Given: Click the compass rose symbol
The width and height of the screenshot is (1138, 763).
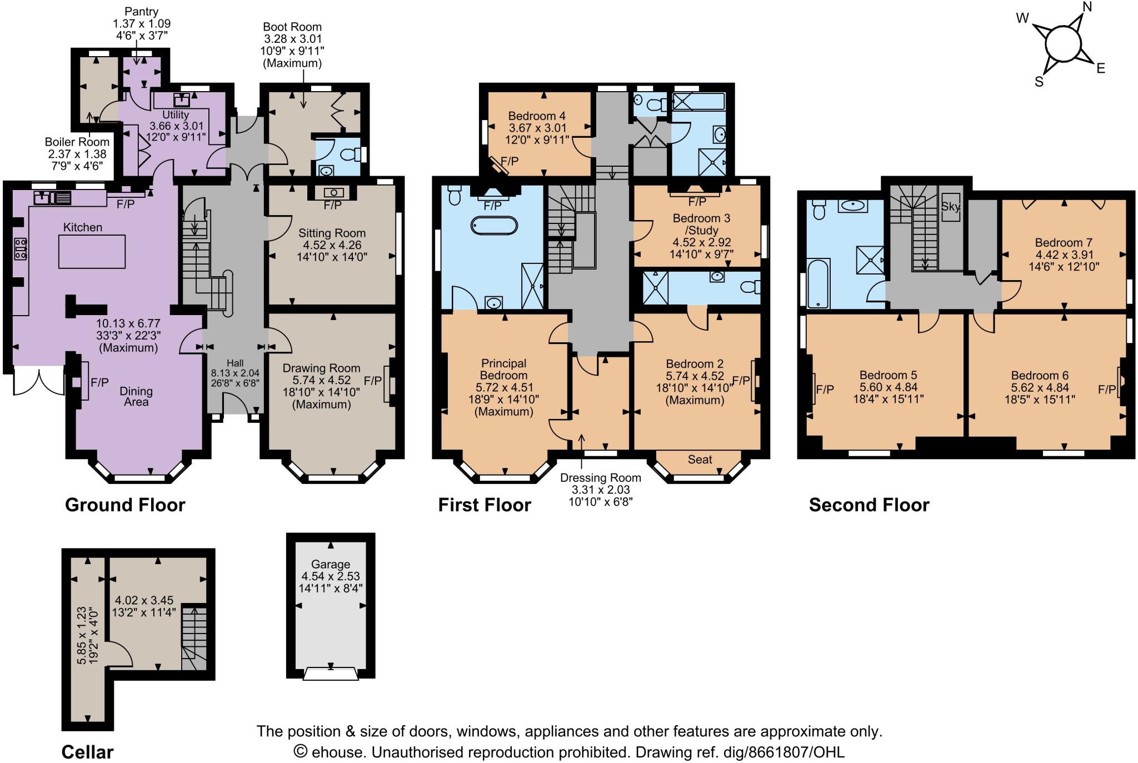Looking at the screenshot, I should coord(1062,46).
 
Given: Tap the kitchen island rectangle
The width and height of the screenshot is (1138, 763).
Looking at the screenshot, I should coord(92,251).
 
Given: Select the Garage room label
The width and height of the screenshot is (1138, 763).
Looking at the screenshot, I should coord(330,564).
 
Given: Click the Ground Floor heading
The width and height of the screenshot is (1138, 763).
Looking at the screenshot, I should coord(125,505).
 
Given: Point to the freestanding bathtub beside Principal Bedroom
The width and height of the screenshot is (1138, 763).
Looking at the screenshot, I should coord(494,226).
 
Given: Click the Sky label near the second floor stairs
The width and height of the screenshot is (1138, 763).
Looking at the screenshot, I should coord(951,207).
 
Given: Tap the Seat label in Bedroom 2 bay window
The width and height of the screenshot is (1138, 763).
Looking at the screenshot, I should coord(700,460).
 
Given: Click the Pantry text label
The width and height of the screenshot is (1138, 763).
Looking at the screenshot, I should coord(142,11).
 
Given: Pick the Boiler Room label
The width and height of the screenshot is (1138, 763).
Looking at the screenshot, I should coord(77,142).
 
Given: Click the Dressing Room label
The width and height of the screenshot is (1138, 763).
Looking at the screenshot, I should coord(600,478).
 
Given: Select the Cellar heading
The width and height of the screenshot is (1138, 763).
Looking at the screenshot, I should coord(87,752).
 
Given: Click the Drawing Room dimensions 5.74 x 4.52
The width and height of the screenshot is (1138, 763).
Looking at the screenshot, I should coord(321,380).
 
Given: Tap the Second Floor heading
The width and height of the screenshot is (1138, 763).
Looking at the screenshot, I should coord(869,505).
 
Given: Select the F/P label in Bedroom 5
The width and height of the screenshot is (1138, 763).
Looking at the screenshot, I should coord(825,390).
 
